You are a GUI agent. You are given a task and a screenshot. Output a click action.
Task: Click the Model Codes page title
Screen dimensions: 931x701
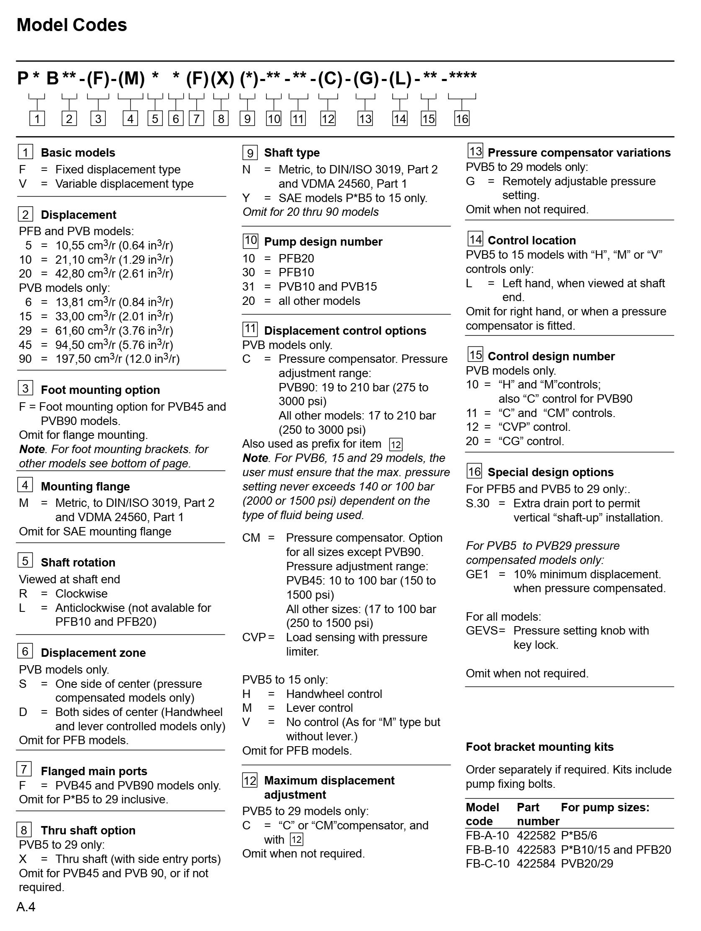tap(71, 25)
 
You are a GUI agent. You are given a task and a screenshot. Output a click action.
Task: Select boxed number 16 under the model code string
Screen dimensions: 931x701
tap(462, 119)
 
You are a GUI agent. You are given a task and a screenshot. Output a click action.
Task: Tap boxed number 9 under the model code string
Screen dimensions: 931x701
tap(247, 119)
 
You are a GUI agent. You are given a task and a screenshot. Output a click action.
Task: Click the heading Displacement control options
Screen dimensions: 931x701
tap(345, 330)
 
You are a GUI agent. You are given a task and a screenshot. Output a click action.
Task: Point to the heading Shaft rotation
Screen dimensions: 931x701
tap(78, 562)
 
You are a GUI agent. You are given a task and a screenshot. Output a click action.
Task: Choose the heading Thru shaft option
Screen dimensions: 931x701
tap(88, 830)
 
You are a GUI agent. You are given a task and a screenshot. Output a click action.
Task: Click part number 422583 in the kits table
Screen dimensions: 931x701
tap(536, 850)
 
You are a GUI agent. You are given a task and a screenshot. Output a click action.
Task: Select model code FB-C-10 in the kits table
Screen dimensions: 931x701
tap(487, 864)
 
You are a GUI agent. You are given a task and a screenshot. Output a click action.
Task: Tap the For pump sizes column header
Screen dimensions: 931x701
tap(605, 807)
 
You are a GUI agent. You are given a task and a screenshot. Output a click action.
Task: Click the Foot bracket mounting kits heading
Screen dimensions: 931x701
tap(539, 747)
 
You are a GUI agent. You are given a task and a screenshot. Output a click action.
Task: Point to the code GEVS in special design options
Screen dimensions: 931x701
tap(482, 630)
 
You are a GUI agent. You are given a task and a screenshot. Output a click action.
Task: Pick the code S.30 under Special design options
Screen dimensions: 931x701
tap(477, 504)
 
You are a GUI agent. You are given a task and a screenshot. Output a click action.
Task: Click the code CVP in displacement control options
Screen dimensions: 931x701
tap(253, 637)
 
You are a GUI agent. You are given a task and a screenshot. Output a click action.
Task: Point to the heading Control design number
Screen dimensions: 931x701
tap(551, 356)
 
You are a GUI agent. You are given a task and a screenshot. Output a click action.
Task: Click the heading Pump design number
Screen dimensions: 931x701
tap(323, 241)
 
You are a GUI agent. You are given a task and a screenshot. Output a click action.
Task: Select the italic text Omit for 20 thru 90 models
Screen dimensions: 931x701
tap(310, 212)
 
